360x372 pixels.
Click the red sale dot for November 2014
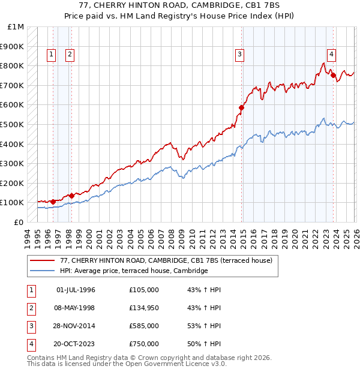tap(241, 108)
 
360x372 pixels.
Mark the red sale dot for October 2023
tap(333, 76)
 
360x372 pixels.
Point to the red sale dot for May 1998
tap(71, 196)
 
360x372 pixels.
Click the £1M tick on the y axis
tap(16, 27)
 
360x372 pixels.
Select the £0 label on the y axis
tap(19, 222)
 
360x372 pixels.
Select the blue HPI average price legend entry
tap(133, 271)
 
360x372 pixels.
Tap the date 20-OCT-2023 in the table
tap(76, 344)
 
